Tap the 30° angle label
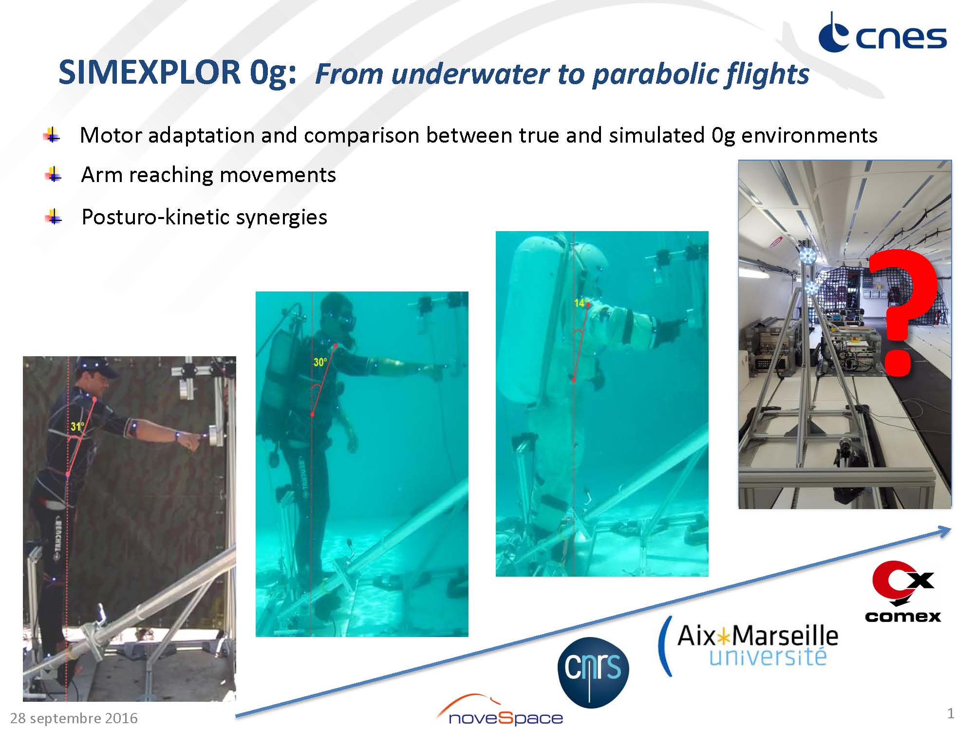point(320,362)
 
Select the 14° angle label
point(580,303)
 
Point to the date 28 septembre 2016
point(74,718)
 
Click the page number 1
point(950,713)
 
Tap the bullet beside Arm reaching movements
point(53,174)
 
